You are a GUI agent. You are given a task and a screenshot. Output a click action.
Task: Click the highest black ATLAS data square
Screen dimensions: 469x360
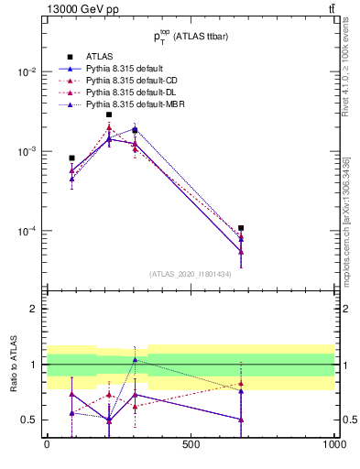[x=109, y=115]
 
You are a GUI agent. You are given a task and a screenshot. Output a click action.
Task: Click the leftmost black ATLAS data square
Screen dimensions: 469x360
[x=71, y=158]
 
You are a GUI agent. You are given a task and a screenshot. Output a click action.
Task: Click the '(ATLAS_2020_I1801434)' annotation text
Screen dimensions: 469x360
[x=190, y=274]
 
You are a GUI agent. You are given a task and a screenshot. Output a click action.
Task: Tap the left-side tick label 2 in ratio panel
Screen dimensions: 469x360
[x=33, y=309]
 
